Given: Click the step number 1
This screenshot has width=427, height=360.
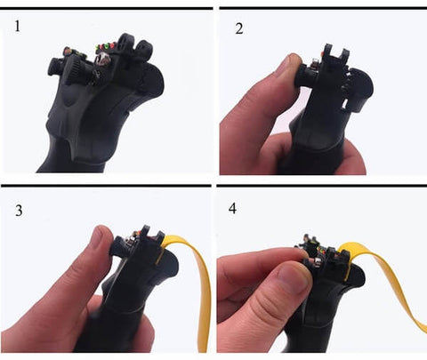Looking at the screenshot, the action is [18, 26].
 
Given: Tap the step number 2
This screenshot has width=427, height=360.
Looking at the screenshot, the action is [239, 28].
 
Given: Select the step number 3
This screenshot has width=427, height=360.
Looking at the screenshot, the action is [19, 211].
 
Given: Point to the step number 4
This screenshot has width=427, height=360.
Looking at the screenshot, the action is [232, 208].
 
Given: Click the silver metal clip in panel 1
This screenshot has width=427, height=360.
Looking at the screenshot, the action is [102, 60].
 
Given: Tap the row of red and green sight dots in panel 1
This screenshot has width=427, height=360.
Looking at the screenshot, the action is [106, 46].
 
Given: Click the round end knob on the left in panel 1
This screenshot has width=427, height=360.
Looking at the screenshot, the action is [52, 67].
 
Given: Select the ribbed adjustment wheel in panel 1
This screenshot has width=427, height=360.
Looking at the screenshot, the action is [76, 70].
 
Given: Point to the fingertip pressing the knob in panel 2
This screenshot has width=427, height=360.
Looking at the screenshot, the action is [294, 62].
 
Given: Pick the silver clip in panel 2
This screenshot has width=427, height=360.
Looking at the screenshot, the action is [315, 64].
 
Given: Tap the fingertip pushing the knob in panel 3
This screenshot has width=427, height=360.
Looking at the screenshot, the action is [101, 237].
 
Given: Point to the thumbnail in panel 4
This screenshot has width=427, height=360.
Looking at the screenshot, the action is [293, 276].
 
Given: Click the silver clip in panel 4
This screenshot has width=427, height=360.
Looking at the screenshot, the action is [318, 261].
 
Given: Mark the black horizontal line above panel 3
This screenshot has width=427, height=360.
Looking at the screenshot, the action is [106, 186].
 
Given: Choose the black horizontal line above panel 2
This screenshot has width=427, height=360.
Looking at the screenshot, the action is [323, 8].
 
